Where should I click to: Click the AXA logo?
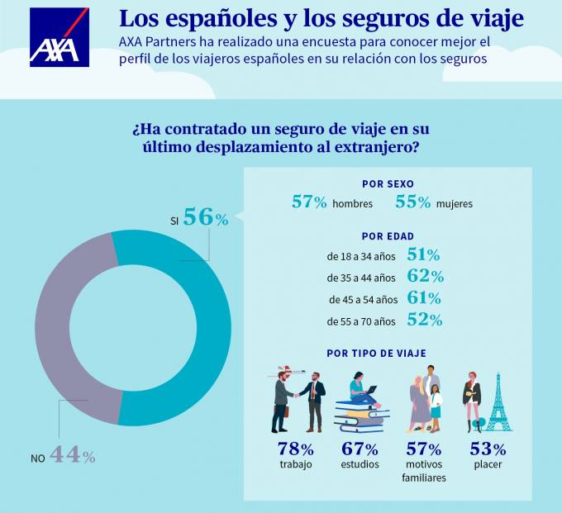point(59,37)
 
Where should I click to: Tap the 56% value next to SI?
point(205,217)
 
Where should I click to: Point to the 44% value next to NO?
point(73,454)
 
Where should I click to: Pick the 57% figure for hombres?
point(309,202)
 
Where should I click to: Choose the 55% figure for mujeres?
point(414,202)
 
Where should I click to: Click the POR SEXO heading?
point(388,183)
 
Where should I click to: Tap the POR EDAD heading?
point(388,235)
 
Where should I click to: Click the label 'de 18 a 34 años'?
point(362,255)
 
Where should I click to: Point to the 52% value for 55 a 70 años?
point(425,321)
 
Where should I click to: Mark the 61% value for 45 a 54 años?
point(425,298)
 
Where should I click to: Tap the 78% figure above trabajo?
point(295,450)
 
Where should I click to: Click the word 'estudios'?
point(360,465)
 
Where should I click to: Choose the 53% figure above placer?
point(488,450)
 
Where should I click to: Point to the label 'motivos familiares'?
point(425,471)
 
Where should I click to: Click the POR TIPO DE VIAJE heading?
point(377,353)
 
